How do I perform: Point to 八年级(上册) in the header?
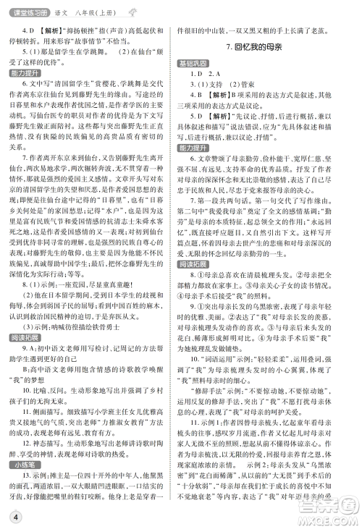tap(98, 7)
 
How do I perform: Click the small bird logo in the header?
tap(130, 7)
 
